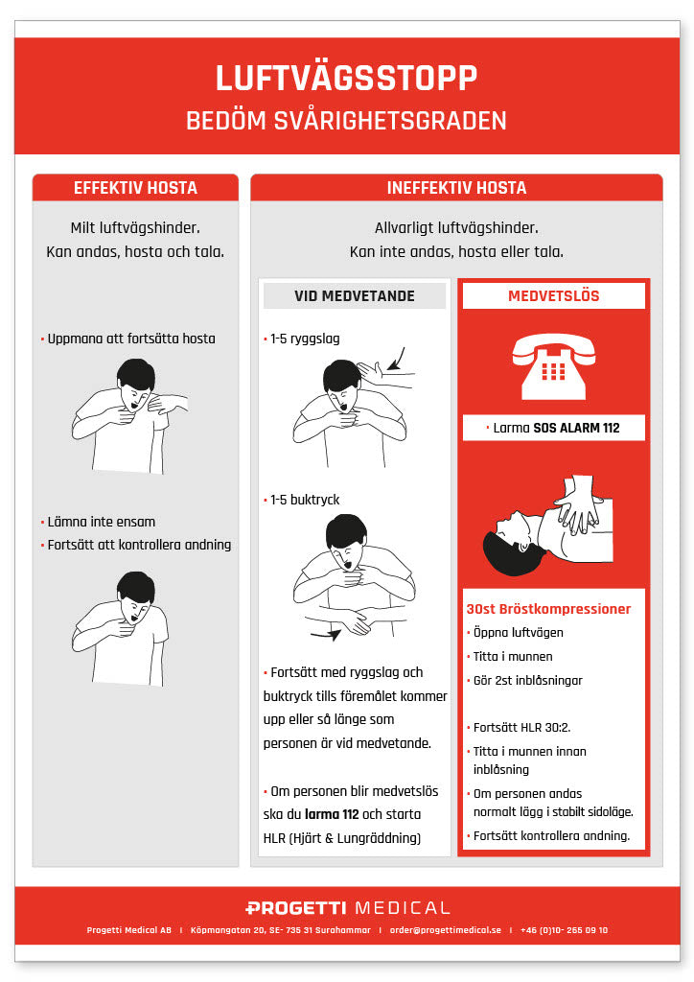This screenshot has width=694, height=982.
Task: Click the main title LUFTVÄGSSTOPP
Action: click(346, 79)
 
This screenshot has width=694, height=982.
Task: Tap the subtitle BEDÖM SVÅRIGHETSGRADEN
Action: click(346, 122)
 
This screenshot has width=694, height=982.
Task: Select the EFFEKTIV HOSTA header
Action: click(135, 188)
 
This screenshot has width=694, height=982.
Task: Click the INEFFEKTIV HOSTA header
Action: click(456, 188)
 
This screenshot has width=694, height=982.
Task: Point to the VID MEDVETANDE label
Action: click(355, 296)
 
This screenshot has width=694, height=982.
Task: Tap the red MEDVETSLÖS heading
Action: click(553, 296)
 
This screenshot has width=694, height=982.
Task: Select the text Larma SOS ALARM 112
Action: click(555, 428)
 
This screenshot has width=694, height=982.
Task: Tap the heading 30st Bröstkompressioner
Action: click(548, 609)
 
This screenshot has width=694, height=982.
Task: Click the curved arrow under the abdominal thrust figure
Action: click(326, 634)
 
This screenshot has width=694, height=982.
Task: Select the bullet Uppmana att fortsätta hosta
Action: click(130, 339)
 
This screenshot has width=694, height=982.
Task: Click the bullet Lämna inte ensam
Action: click(101, 522)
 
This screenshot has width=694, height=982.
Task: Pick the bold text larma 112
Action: click(338, 814)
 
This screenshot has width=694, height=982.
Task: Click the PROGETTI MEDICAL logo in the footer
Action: click(347, 907)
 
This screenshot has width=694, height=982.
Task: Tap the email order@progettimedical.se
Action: click(445, 930)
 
